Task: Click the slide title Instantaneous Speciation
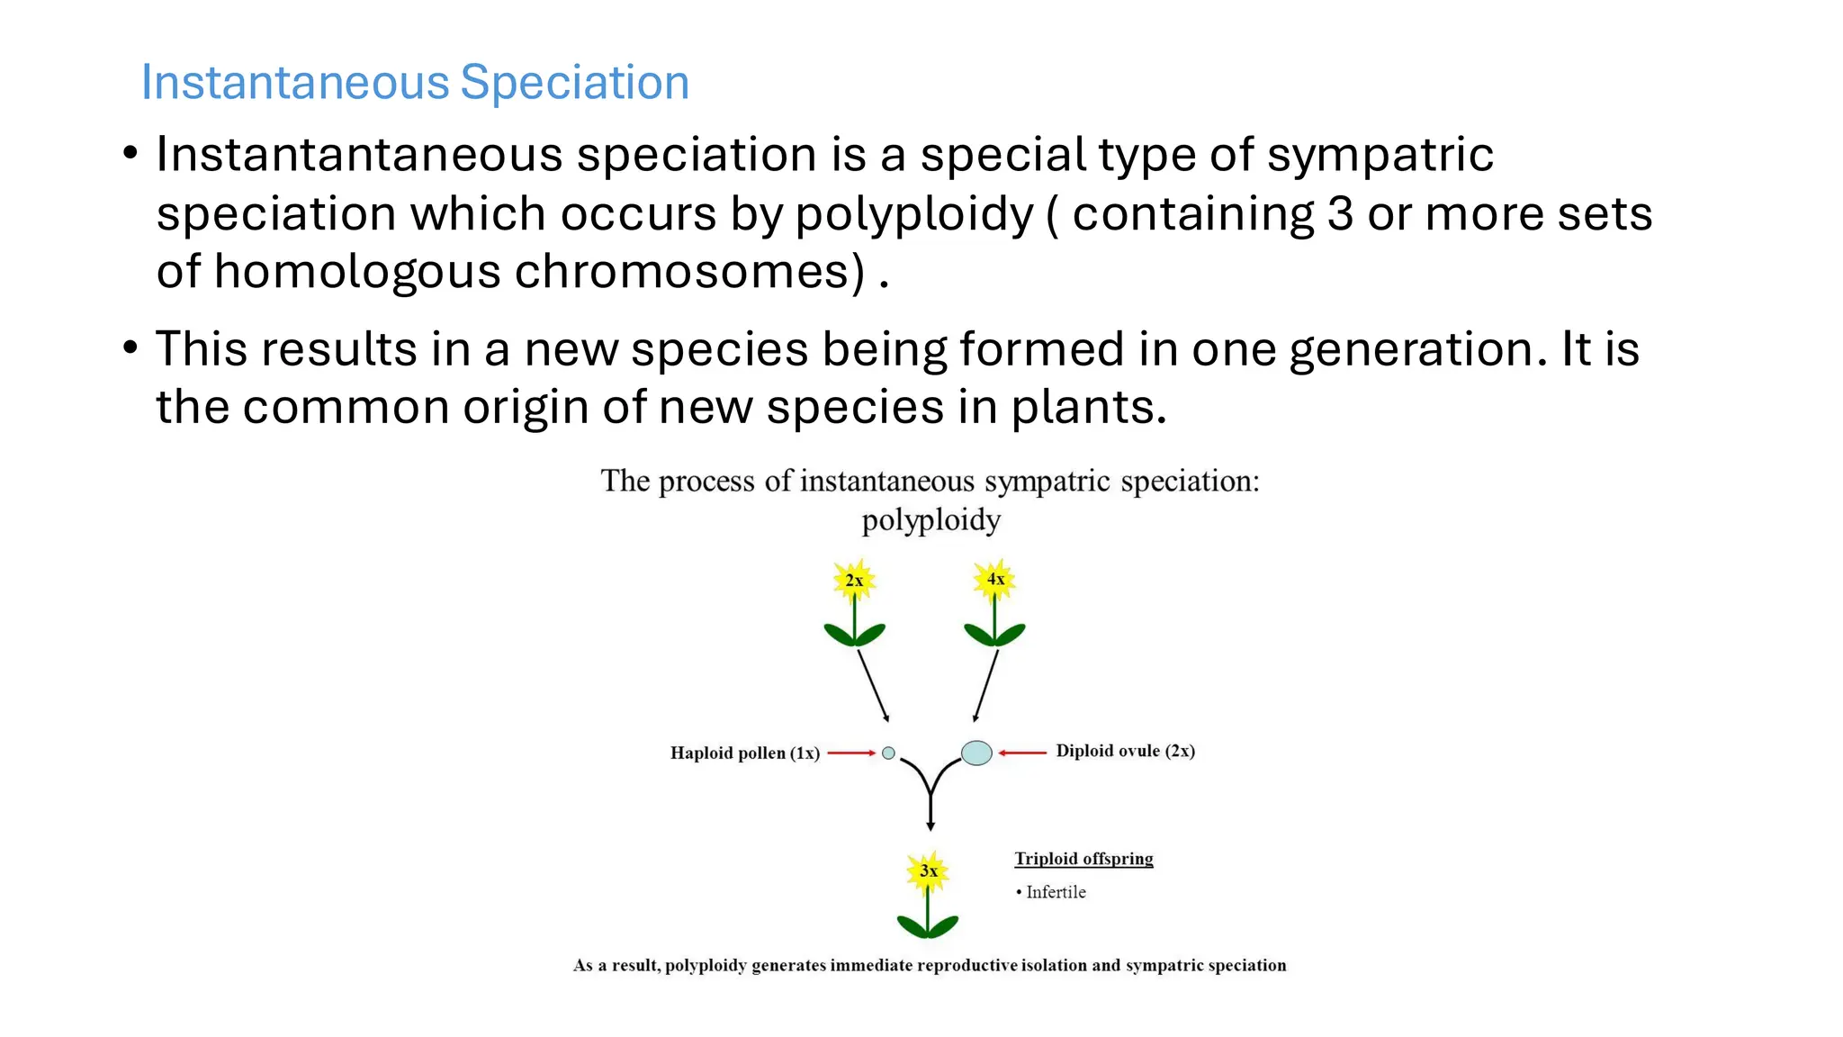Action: point(415,83)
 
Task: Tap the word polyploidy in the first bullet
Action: point(913,214)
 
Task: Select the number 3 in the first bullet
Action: point(1340,214)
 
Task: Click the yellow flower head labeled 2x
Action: point(854,581)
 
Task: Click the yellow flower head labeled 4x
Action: point(994,579)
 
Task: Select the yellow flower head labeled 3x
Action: point(928,870)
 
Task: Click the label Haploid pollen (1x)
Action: point(744,753)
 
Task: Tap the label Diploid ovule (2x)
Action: point(1125,751)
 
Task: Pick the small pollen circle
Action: point(889,753)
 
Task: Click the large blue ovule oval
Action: point(976,753)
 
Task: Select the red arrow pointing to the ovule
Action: point(1022,753)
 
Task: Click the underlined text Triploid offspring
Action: point(1083,859)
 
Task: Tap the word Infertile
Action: point(1056,892)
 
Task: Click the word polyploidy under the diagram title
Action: point(930,520)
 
